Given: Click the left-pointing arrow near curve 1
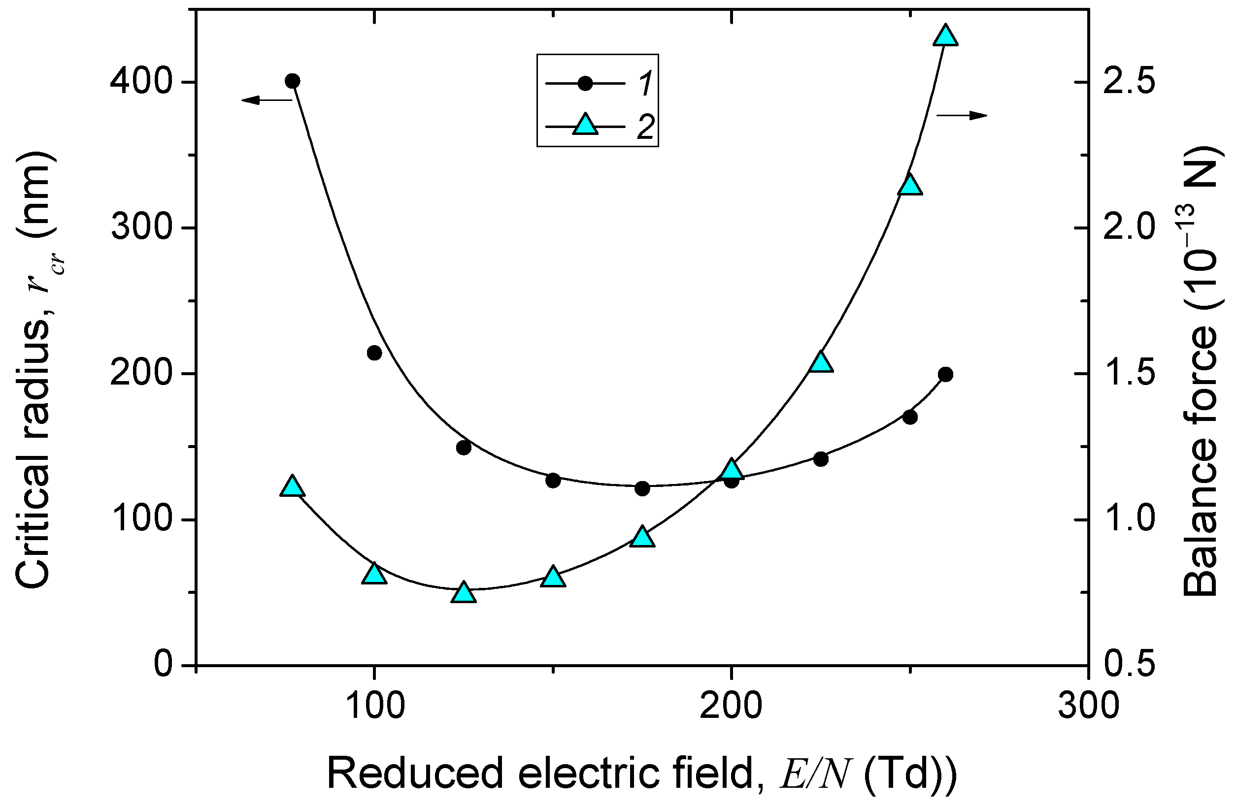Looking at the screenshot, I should coord(267,100).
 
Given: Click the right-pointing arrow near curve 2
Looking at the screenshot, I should coord(961,115).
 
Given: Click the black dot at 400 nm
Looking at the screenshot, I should coord(293,81).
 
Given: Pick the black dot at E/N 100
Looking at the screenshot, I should coord(374,353).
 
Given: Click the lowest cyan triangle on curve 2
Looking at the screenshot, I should coord(463,593).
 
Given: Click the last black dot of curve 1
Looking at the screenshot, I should coord(946,375).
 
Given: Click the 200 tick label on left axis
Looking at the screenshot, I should coord(141,374).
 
